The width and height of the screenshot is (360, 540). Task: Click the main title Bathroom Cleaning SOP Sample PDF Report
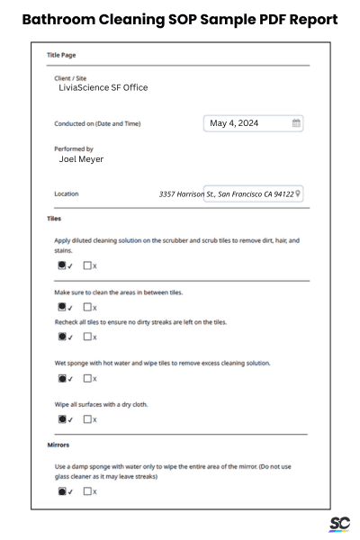(x=180, y=19)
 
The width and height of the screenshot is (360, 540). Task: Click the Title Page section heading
(x=62, y=55)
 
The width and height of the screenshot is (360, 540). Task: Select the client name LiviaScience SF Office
(x=103, y=87)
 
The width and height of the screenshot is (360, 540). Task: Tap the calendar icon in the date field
(x=296, y=123)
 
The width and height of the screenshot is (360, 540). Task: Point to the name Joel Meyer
(x=81, y=159)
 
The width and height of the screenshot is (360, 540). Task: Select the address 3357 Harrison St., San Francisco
(x=226, y=193)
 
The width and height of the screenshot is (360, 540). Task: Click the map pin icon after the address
(x=299, y=193)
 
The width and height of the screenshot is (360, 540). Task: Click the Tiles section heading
(x=54, y=219)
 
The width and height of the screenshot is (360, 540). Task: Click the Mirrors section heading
(x=58, y=445)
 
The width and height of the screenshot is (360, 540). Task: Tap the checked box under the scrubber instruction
(x=62, y=266)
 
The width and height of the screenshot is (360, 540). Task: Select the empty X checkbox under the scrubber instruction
(x=87, y=266)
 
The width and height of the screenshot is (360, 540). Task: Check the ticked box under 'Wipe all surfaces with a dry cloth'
(x=62, y=419)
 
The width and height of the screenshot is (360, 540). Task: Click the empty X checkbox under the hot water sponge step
(x=87, y=379)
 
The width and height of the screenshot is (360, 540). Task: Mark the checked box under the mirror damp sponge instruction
(x=62, y=491)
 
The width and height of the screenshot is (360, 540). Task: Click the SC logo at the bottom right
(x=339, y=524)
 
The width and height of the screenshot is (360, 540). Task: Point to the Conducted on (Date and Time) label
(x=97, y=123)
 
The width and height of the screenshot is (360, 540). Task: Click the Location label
(x=67, y=193)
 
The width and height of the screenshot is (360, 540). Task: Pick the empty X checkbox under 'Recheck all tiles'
(x=87, y=337)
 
